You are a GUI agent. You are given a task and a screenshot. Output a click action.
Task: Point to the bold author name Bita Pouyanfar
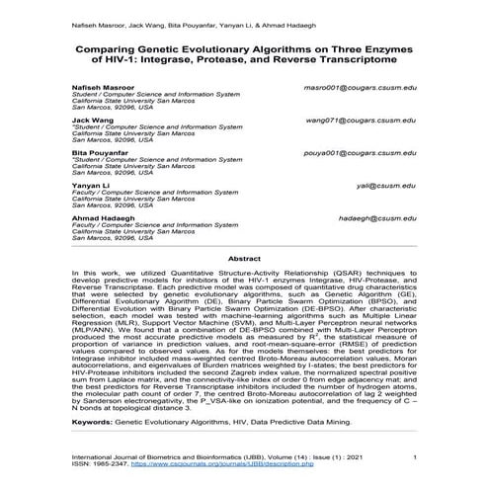pyautogui.click(x=101, y=154)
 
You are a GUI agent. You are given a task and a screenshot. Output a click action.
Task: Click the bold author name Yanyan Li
pyautogui.click(x=92, y=187)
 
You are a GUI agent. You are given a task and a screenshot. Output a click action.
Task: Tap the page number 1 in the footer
pyautogui.click(x=414, y=456)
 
